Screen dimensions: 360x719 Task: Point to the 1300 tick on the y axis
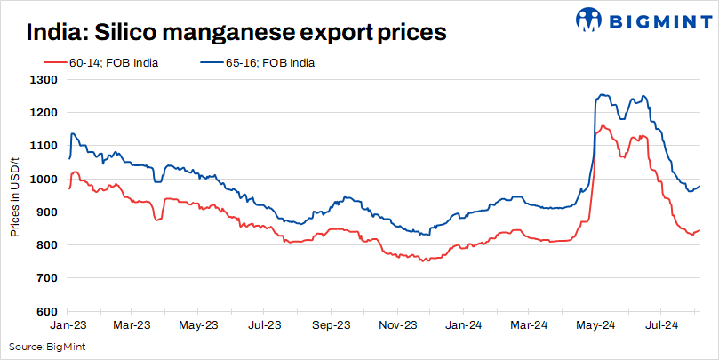pyautogui.click(x=44, y=80)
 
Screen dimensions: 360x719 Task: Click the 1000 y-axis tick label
pyautogui.click(x=44, y=179)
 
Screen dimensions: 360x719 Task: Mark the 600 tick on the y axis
pyautogui.click(x=47, y=311)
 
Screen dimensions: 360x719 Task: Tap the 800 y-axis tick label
pyautogui.click(x=47, y=245)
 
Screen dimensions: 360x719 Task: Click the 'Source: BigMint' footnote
pyautogui.click(x=42, y=346)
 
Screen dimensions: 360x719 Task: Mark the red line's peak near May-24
pyautogui.click(x=603, y=126)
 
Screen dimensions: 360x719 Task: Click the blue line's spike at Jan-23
pyautogui.click(x=72, y=133)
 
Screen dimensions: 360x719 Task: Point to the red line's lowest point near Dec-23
pyautogui.click(x=424, y=261)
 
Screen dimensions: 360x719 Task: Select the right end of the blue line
pyautogui.click(x=699, y=186)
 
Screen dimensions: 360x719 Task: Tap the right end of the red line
pyautogui.click(x=699, y=230)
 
